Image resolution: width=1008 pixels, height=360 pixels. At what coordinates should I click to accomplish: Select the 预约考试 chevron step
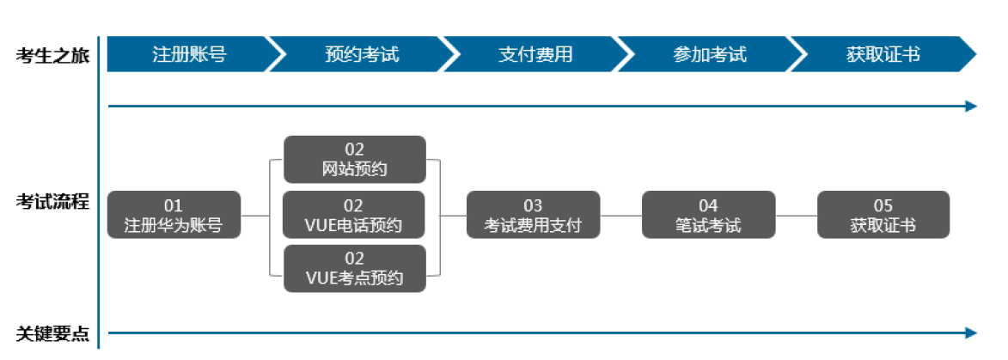(x=362, y=55)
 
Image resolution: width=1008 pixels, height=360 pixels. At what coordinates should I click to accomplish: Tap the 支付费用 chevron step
(x=535, y=55)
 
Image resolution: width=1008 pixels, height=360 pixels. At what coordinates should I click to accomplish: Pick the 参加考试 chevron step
(x=710, y=55)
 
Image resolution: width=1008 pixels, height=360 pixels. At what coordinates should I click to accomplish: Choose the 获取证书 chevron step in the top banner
(x=883, y=55)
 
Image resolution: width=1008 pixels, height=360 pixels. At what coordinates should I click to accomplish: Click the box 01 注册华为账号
(x=174, y=216)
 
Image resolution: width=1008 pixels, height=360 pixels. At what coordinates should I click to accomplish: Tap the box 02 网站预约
(x=354, y=160)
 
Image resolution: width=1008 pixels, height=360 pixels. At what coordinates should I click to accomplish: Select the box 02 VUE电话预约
(x=354, y=216)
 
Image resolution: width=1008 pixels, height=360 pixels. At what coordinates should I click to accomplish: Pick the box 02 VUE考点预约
(x=354, y=269)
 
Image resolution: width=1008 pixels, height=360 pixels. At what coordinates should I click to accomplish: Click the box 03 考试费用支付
(x=533, y=216)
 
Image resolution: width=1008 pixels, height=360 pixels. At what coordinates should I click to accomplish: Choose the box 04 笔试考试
(x=708, y=216)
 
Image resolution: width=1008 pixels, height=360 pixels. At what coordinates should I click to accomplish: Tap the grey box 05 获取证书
(x=883, y=216)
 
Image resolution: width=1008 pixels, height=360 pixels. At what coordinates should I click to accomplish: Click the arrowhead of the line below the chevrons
(x=971, y=107)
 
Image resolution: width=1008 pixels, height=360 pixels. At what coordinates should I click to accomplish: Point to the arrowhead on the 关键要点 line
(x=971, y=333)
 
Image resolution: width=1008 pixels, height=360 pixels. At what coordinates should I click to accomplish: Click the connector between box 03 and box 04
(x=620, y=216)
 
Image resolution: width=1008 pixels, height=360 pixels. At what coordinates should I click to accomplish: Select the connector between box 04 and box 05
(x=796, y=216)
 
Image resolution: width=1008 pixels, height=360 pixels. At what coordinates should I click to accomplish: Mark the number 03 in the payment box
(x=533, y=206)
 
